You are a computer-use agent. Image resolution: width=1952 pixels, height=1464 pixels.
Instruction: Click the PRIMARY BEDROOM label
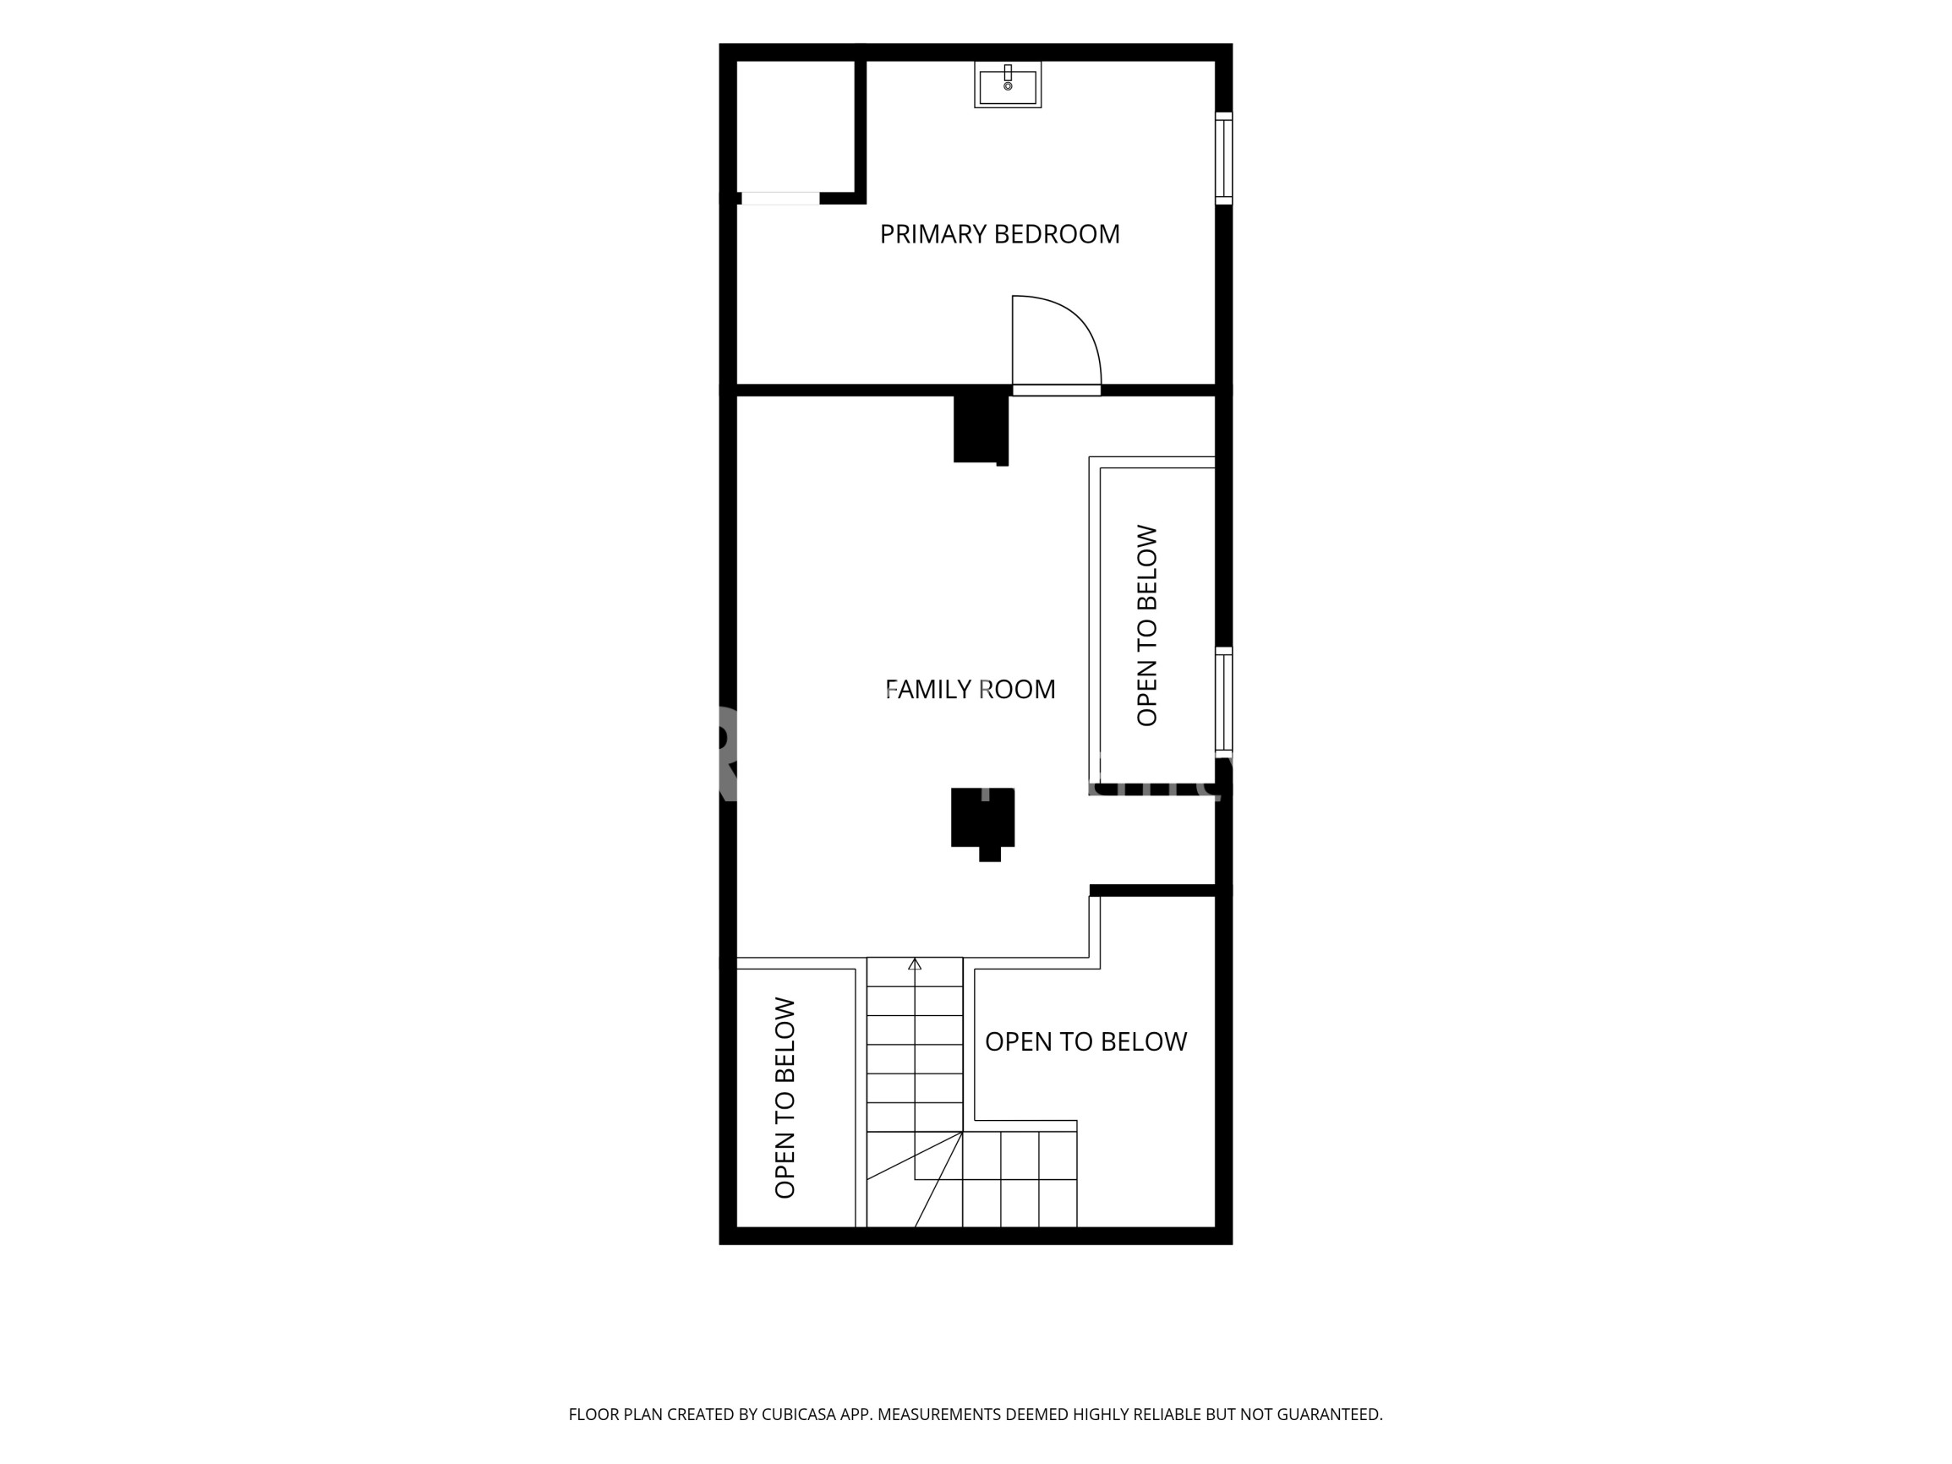tap(1000, 234)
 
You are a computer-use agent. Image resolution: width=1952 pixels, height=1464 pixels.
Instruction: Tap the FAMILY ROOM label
tap(970, 689)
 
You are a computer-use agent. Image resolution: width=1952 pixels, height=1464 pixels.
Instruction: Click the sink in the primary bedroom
tap(1008, 85)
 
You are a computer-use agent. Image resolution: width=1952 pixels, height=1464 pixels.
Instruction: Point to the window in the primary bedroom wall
tap(1224, 159)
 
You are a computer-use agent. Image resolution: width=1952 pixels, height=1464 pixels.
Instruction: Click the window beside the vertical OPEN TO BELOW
tap(1224, 700)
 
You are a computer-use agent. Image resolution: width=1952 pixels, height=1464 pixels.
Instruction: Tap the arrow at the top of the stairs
tap(915, 964)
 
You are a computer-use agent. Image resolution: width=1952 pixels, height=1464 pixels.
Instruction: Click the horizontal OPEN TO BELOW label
tap(1086, 1042)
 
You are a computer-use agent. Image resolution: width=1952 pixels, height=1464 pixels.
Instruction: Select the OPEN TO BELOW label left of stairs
tap(785, 1098)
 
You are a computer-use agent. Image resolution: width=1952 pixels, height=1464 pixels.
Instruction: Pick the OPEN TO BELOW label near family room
tap(1146, 625)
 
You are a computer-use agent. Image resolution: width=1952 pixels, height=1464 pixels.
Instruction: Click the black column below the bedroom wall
tap(981, 428)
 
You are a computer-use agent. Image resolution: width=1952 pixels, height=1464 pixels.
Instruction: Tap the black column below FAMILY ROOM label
tap(983, 822)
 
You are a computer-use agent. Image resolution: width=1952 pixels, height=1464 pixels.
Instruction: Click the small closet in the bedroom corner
tap(796, 126)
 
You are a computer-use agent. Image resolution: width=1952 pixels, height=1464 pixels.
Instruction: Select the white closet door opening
tap(780, 199)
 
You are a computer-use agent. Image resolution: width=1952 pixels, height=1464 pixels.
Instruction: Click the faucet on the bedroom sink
tap(1008, 73)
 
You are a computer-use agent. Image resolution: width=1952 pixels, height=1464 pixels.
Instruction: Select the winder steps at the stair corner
tap(914, 1179)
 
